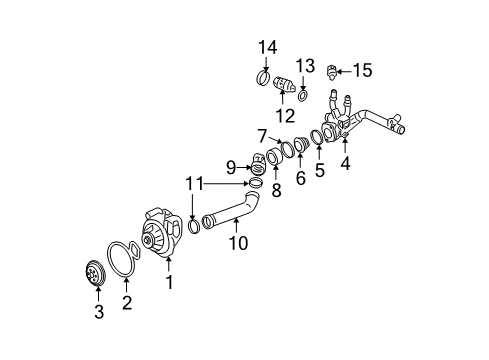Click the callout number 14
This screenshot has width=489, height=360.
click(x=268, y=48)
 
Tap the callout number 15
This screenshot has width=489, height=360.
click(x=362, y=70)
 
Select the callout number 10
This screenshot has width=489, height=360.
click(x=238, y=243)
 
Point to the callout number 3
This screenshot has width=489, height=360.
click(x=99, y=312)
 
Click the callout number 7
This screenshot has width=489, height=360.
click(x=263, y=136)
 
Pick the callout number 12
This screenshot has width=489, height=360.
click(x=285, y=116)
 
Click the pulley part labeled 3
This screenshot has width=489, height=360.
click(x=94, y=274)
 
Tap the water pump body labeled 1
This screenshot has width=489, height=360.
click(x=162, y=233)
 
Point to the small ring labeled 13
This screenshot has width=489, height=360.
click(x=303, y=96)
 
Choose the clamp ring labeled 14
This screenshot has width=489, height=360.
click(x=263, y=77)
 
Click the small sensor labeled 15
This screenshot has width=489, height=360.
click(x=331, y=72)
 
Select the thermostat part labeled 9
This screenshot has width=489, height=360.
click(x=258, y=164)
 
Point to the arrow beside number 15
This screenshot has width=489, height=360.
click(x=344, y=71)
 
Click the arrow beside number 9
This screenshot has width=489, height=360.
click(x=244, y=167)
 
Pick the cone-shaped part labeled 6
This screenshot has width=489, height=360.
click(x=302, y=144)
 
